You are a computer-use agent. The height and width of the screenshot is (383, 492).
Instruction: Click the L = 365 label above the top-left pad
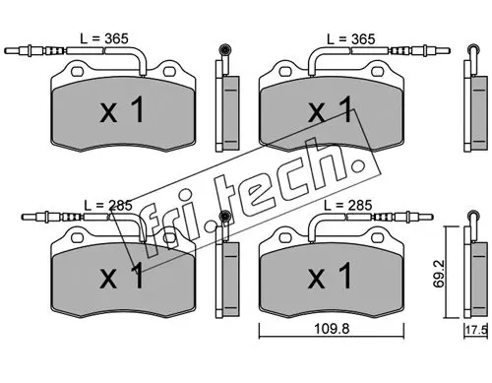coord(104,38)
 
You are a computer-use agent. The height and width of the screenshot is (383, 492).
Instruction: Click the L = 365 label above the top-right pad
coord(350,39)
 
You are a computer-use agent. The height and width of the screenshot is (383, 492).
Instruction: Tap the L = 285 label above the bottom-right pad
coord(348,206)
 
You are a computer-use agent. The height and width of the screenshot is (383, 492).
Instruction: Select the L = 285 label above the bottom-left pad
coord(108,206)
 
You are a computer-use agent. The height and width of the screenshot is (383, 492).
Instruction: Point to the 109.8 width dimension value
coord(332,328)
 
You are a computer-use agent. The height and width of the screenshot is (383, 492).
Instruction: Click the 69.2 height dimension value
coord(439,274)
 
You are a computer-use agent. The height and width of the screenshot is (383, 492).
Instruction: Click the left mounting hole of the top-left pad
coord(78,71)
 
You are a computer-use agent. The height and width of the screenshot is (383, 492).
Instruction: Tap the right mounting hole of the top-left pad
coord(169,71)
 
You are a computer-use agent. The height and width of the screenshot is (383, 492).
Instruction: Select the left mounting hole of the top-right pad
coord(285,71)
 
